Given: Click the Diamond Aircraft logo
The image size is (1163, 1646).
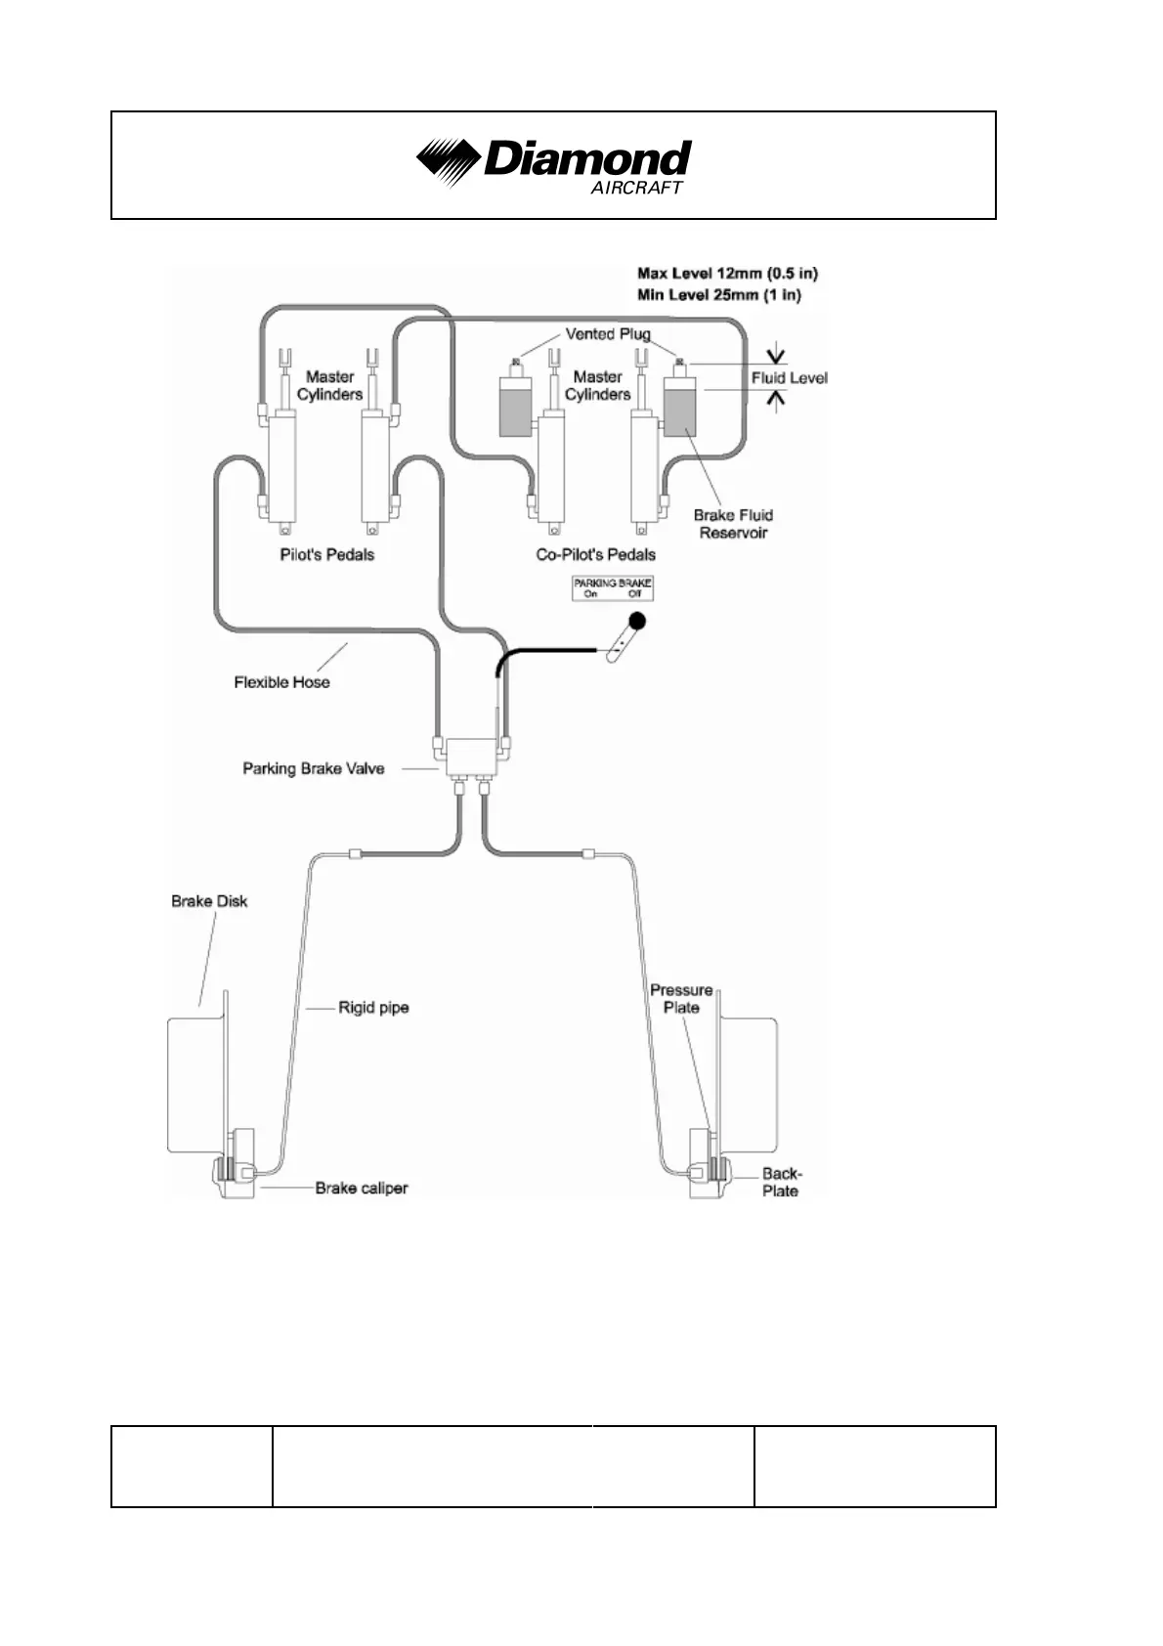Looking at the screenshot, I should click(553, 163).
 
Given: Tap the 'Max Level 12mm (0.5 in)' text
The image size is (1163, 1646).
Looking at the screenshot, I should click(727, 274).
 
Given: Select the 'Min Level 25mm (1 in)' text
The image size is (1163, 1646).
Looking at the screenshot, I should click(718, 295).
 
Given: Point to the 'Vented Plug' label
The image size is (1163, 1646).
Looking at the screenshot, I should click(607, 334).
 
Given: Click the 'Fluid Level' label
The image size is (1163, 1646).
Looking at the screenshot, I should click(789, 378).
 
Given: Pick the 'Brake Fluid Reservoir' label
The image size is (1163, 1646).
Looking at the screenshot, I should click(733, 524).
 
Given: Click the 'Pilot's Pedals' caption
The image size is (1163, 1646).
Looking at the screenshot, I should click(326, 555).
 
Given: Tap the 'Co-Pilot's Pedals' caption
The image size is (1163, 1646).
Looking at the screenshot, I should click(595, 555).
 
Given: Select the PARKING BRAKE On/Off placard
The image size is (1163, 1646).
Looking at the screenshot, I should click(613, 587).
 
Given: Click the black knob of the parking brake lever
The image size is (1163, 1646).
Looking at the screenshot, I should click(637, 621).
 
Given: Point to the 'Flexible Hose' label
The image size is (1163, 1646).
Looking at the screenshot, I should click(281, 682).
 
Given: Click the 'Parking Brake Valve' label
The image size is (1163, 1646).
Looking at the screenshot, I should click(313, 769).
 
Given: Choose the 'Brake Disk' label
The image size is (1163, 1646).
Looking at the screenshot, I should click(209, 901).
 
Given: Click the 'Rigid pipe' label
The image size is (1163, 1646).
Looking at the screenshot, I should click(373, 1008).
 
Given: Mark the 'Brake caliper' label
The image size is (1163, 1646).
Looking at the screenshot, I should click(361, 1189).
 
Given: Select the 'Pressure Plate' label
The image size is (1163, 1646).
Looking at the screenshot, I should click(681, 999).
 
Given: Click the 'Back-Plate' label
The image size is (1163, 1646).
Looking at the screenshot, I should click(781, 1183).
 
